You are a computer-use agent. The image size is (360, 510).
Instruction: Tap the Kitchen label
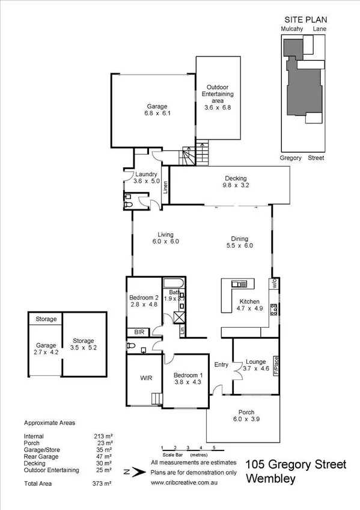pos(249,301)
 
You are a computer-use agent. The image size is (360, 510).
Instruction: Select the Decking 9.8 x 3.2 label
pos(236,182)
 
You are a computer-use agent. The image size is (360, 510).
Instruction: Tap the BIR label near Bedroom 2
pos(138,331)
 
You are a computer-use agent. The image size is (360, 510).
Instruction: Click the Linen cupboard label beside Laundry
pos(165,188)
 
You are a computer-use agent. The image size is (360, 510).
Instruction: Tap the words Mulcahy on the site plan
pos(291,28)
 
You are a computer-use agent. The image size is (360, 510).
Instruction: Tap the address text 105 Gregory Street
pos(296,465)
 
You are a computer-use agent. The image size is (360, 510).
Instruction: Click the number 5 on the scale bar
pos(214,448)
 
